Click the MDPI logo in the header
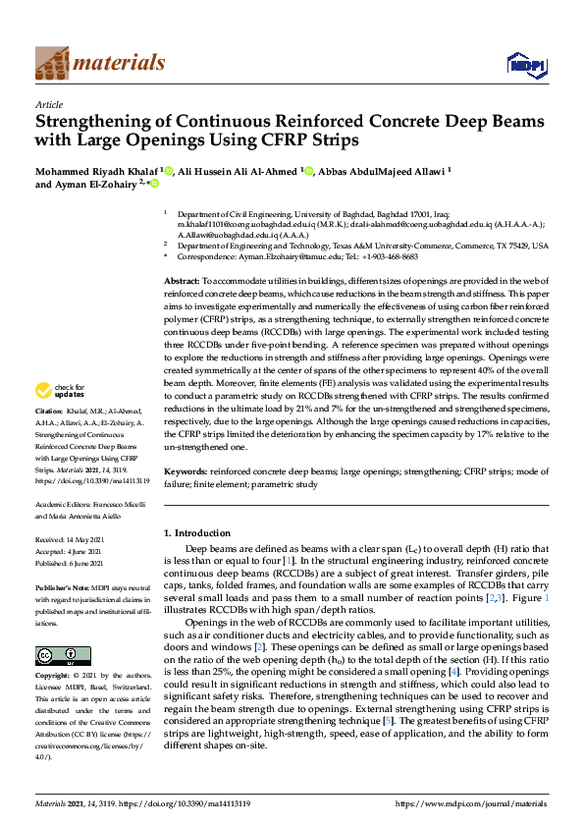525,65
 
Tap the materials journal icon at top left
52,63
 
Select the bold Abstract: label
183,282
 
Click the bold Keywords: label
185,471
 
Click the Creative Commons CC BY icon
50,656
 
